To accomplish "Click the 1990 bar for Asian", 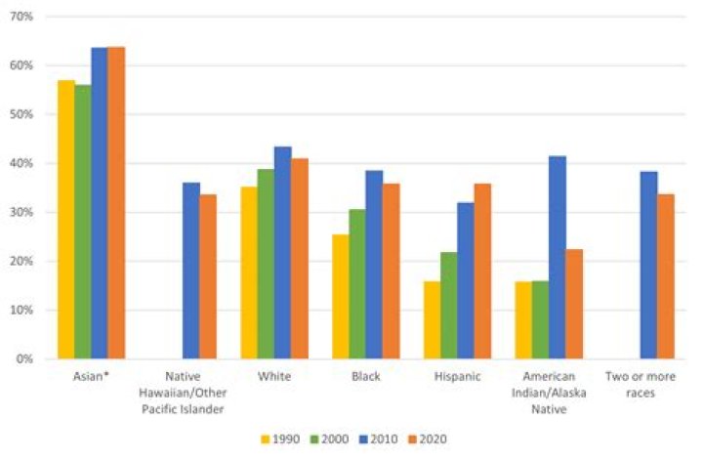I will tap(65, 220).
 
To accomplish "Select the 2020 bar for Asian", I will tap(115, 203).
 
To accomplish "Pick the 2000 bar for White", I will tap(266, 264).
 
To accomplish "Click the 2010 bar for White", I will tap(282, 253).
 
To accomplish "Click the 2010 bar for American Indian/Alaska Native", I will tap(557, 258).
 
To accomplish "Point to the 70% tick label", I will tap(22, 17).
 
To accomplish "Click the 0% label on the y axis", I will tap(25, 359).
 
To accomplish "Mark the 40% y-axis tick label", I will tap(22, 163).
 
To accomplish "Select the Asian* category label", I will tap(91, 376).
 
